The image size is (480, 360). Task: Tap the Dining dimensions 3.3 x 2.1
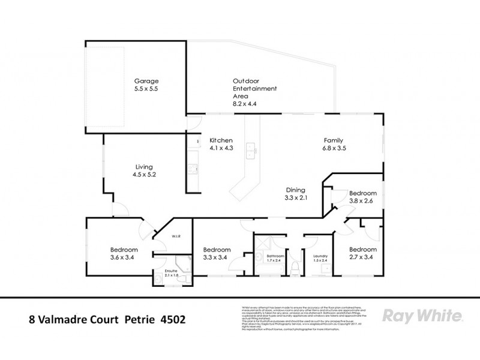296,197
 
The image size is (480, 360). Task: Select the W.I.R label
176,237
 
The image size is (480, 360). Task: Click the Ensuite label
172,271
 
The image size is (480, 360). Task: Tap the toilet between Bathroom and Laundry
294,269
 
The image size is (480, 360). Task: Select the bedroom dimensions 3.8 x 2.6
362,202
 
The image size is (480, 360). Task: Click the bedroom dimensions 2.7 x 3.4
363,258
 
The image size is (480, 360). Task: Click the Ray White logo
421,316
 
